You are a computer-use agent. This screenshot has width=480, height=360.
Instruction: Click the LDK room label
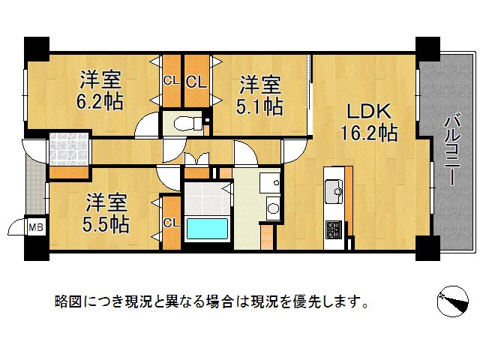369,112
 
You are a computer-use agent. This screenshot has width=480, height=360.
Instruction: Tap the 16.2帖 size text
369,133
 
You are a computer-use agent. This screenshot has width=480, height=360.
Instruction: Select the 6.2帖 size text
100,101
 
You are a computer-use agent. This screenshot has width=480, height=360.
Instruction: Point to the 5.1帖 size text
259,106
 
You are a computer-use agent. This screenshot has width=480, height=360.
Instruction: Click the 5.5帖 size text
106,225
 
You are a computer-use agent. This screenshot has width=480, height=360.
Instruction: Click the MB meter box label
36,227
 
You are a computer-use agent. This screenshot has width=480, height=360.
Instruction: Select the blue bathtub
207,228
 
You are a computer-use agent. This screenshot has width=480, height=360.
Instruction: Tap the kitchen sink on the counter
334,191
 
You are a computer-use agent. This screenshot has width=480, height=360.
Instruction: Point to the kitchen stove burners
333,229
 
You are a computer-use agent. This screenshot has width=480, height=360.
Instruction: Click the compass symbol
453,301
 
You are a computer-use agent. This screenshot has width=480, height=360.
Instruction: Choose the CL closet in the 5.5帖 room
172,223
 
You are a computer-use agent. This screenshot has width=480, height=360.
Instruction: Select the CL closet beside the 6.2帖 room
172,81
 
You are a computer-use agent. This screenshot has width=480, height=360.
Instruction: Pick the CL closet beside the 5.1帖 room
196,82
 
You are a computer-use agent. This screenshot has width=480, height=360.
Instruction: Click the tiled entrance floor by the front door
69,149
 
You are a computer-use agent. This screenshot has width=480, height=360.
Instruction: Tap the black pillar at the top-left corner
37,49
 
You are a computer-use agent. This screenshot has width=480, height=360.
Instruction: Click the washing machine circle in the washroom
273,208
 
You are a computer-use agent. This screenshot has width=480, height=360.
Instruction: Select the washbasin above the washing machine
270,183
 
